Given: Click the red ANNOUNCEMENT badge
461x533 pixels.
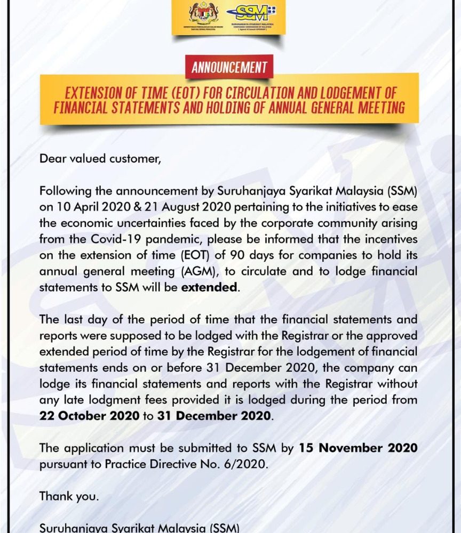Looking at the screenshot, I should tap(229, 68).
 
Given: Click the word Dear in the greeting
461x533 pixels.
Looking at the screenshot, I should tap(52, 158).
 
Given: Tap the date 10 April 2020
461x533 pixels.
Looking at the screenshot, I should tap(84, 206).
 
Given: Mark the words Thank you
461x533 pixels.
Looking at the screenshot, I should tap(69, 496).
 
